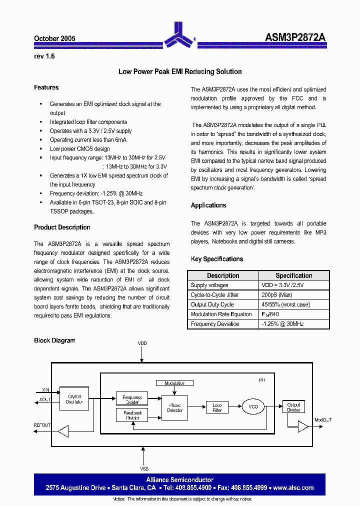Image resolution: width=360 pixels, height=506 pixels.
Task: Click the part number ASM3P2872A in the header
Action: point(295,38)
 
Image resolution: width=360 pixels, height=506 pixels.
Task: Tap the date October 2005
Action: point(54,38)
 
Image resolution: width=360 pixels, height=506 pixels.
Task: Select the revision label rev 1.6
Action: point(44,56)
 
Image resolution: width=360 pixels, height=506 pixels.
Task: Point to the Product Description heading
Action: point(62,227)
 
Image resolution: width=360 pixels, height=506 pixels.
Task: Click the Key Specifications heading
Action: point(217,259)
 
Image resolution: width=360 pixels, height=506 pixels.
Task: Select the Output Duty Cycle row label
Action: point(212,304)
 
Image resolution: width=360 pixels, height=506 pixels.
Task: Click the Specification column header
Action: point(293,275)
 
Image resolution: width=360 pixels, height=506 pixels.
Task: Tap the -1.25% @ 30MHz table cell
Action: point(282,324)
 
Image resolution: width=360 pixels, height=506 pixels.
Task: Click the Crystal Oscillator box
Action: point(74,399)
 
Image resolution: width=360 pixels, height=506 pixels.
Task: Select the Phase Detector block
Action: point(175,407)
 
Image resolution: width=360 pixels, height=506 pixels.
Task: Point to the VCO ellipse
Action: point(253,407)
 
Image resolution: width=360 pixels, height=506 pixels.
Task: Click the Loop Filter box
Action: point(217,407)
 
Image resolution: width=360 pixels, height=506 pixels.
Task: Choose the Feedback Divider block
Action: point(132,415)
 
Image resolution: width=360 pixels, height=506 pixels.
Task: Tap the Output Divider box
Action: point(293,407)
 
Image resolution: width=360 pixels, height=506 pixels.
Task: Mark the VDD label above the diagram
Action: point(142,343)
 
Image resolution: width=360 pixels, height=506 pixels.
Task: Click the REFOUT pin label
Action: point(42,425)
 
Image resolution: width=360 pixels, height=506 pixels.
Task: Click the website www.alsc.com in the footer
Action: point(293,487)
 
